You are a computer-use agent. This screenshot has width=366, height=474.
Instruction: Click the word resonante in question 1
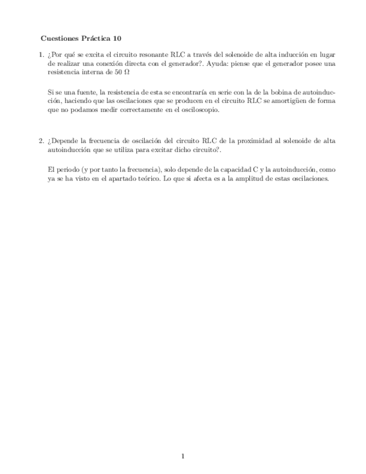click(149, 55)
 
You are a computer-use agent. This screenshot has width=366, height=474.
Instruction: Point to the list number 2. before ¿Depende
click(41, 141)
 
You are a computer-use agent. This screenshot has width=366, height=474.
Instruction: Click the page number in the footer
click(183, 456)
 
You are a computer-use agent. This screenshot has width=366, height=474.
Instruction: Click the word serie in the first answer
click(217, 92)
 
